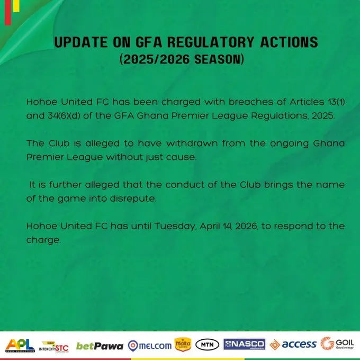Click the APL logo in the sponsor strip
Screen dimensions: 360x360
click(x=20, y=345)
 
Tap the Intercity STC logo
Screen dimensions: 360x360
click(x=53, y=346)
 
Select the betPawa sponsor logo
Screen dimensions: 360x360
click(x=100, y=346)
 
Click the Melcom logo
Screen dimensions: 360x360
click(x=150, y=346)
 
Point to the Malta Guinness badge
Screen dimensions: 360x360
click(x=183, y=344)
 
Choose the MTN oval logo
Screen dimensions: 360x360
click(x=207, y=345)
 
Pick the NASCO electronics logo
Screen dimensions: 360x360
click(x=244, y=344)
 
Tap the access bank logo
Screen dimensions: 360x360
click(x=293, y=345)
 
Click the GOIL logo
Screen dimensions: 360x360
click(x=337, y=344)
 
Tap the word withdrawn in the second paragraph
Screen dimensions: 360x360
click(x=192, y=143)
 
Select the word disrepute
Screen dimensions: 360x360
click(x=133, y=199)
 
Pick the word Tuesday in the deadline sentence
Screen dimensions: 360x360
click(x=175, y=226)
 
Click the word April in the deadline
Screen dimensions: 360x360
click(x=210, y=227)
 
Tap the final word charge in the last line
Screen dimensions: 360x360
click(x=43, y=240)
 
